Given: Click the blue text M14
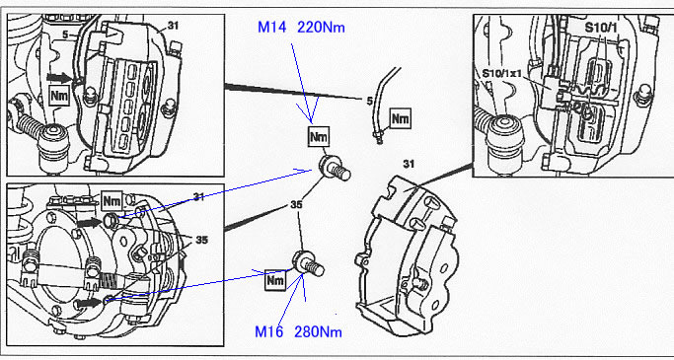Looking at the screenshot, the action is click(272, 28).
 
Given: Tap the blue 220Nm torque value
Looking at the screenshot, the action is click(321, 28).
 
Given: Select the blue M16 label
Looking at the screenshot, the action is click(269, 331).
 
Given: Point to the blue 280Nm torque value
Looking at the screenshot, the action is click(318, 331).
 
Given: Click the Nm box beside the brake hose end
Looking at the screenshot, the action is click(400, 118).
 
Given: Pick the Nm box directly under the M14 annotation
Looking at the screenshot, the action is click(319, 137).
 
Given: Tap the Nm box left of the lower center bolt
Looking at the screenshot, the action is click(275, 280).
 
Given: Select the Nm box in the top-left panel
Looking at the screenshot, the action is click(59, 96).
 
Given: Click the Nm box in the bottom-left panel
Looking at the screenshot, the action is click(112, 200).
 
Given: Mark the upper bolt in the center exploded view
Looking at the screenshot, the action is click(335, 168).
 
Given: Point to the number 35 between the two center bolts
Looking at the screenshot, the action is click(296, 205).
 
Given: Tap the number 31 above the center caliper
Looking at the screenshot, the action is click(409, 164).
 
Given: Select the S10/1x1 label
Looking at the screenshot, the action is click(502, 73).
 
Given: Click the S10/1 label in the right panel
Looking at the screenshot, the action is click(601, 28).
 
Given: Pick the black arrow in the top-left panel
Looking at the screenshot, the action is click(59, 77).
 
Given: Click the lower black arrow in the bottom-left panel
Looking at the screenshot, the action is click(90, 304).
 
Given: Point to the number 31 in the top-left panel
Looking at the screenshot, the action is click(173, 26).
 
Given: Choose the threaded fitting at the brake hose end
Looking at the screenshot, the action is click(378, 138).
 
